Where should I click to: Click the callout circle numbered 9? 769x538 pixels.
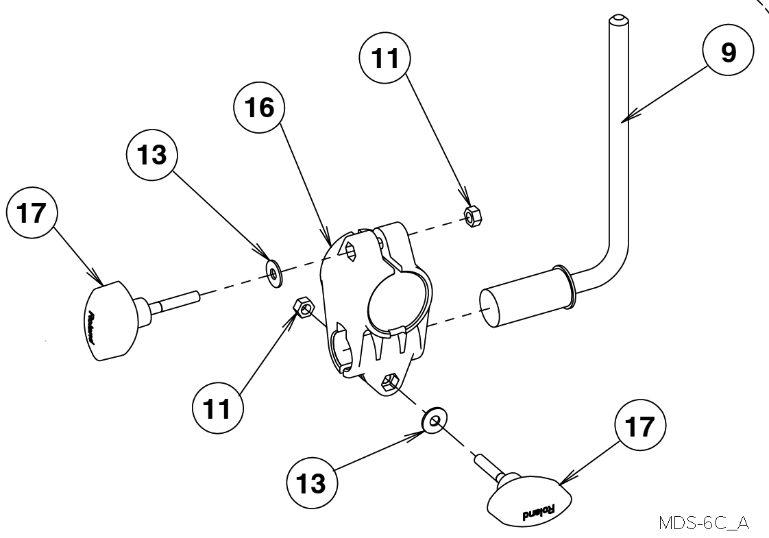(x=728, y=51)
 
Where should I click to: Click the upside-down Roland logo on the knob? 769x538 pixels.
(x=539, y=512)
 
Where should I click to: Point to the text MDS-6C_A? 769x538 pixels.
(x=705, y=523)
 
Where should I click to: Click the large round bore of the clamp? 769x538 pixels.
(x=396, y=299)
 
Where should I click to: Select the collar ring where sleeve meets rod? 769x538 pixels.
(x=563, y=287)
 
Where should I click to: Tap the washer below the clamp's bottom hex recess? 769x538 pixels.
(x=434, y=420)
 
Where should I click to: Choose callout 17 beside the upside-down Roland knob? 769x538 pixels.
(x=640, y=425)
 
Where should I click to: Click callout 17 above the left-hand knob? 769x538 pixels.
(x=32, y=213)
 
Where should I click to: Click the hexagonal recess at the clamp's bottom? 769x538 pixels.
(x=389, y=381)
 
